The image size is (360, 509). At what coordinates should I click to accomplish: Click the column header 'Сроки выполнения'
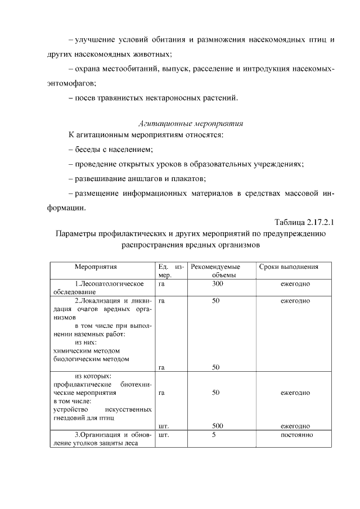click(x=289, y=267)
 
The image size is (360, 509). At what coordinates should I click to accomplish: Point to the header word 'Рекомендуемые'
click(x=215, y=267)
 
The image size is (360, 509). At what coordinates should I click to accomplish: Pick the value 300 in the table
click(x=215, y=284)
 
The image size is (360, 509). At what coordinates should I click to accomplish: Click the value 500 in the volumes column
click(x=215, y=426)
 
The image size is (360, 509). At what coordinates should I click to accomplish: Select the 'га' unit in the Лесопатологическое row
click(x=162, y=284)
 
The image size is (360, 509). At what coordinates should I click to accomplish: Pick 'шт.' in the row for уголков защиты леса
click(x=164, y=435)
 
